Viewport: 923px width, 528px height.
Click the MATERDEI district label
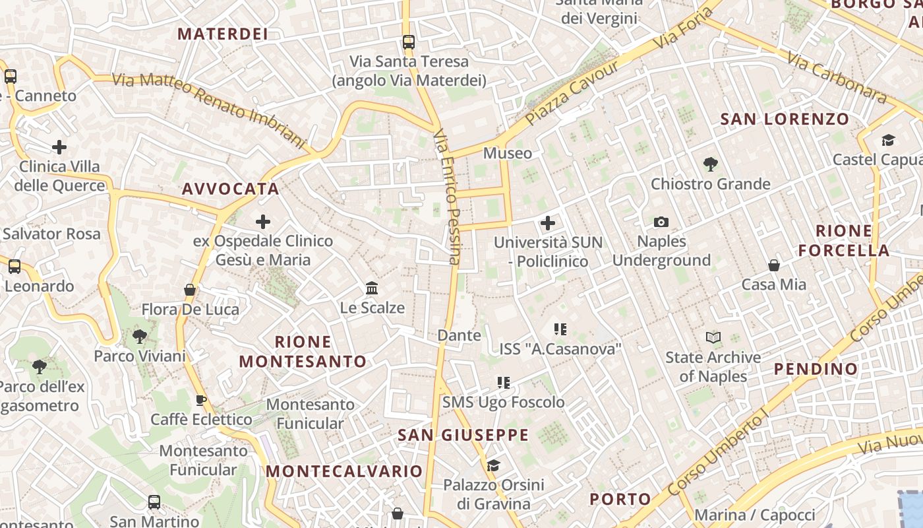(223, 34)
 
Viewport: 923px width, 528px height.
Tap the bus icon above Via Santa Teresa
(409, 42)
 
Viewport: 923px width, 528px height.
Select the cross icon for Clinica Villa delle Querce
(59, 147)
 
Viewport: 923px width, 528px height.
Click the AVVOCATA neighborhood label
(231, 189)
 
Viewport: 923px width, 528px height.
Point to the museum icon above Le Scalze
(372, 288)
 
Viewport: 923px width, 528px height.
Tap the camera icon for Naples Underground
(661, 222)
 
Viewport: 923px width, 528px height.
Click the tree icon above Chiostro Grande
(710, 164)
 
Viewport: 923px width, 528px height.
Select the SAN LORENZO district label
(785, 119)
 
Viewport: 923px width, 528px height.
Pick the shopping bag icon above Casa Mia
(774, 265)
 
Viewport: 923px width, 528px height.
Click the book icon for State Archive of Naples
(713, 338)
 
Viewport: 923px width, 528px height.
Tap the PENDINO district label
(816, 369)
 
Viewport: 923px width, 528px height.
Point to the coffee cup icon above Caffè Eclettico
(201, 400)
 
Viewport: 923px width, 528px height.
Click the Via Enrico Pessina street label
(447, 197)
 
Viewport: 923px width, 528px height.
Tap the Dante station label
(459, 335)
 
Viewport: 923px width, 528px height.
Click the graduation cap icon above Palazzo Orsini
(492, 466)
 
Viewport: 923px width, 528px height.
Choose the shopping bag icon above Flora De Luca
(190, 290)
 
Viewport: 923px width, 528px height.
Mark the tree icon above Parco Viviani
(139, 337)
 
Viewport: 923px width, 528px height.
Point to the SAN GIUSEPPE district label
(463, 435)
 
